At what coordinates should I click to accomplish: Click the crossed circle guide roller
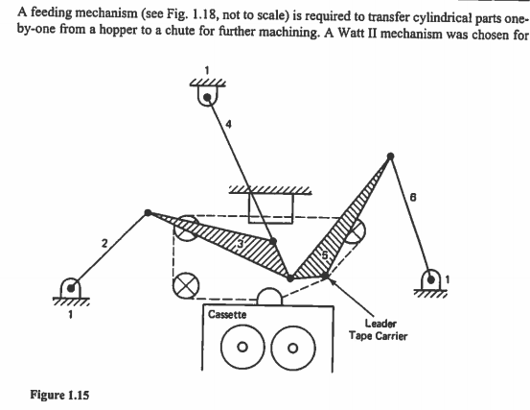tap(183, 284)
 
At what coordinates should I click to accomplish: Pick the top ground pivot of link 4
tap(206, 94)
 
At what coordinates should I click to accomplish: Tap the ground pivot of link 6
tap(433, 277)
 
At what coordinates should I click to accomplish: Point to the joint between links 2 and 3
tap(147, 212)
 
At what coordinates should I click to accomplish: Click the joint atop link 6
tap(389, 157)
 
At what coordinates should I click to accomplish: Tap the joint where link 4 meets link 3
tap(273, 241)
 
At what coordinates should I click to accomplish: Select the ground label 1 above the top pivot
tap(206, 68)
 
